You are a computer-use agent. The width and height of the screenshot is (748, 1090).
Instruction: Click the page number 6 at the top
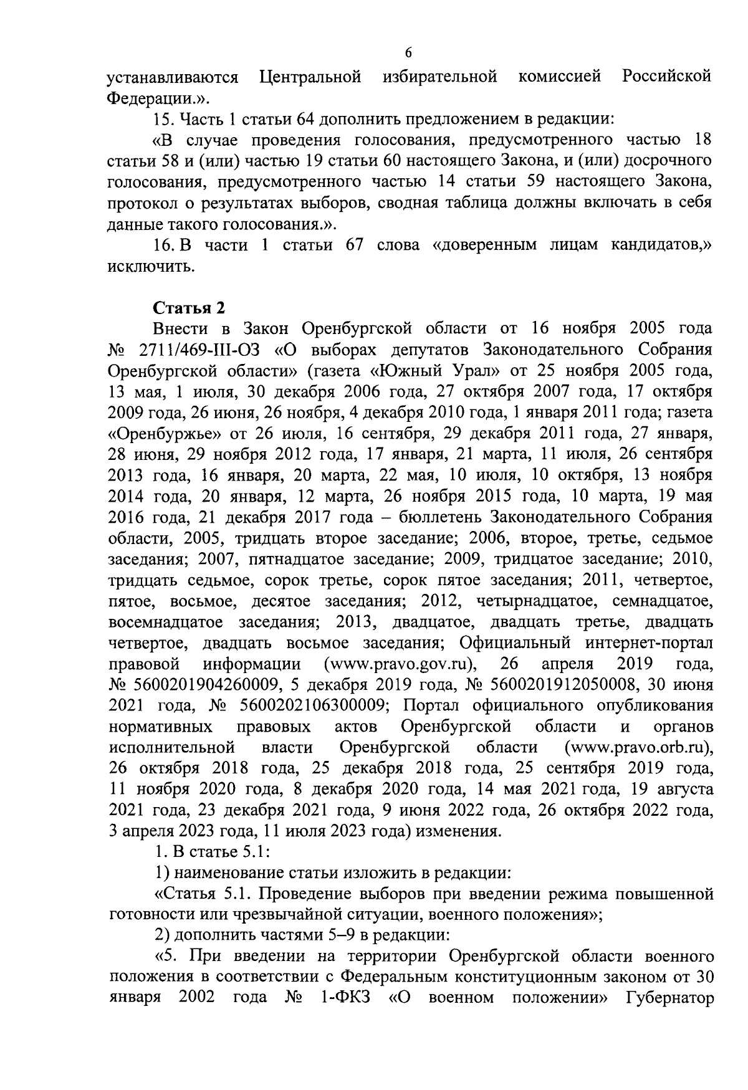point(408,52)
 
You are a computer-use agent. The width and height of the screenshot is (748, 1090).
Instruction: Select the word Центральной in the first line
point(310,77)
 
